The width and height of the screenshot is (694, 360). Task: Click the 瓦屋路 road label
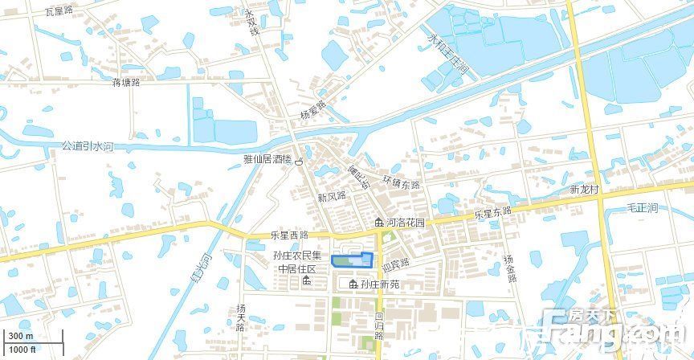pyautogui.click(x=59, y=10)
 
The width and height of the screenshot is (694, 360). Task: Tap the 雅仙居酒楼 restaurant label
pyautogui.click(x=267, y=160)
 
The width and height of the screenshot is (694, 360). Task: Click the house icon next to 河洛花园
pyautogui.click(x=379, y=222)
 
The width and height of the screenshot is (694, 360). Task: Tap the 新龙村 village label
pyautogui.click(x=586, y=190)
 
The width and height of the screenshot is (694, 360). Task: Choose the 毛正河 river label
pyautogui.click(x=642, y=207)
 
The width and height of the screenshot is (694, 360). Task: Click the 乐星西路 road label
pyautogui.click(x=289, y=235)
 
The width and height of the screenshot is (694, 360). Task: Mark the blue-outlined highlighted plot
pyautogui.click(x=353, y=260)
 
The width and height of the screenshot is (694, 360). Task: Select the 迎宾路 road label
pyautogui.click(x=395, y=263)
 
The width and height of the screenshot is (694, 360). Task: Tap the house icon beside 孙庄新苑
pyautogui.click(x=353, y=284)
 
